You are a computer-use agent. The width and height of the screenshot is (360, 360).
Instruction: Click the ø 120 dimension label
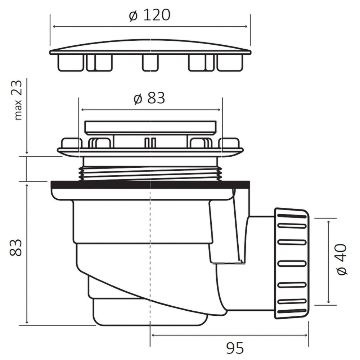pyautogui.click(x=149, y=15)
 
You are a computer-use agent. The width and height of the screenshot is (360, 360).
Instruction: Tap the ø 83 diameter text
pyautogui.click(x=149, y=98)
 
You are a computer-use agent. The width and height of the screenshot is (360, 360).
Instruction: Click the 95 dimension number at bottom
pyautogui.click(x=235, y=348)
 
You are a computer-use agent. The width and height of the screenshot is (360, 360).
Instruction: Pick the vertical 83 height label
pyautogui.click(x=16, y=247)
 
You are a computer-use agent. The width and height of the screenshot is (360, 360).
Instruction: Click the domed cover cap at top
pyautogui.click(x=150, y=46)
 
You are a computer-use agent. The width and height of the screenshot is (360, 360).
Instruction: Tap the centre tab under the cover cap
pyautogui.click(x=150, y=63)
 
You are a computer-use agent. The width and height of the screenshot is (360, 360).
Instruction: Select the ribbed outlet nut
pyautogui.click(x=291, y=263)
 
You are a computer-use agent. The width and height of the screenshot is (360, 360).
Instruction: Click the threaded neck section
pyautogui.click(x=150, y=173)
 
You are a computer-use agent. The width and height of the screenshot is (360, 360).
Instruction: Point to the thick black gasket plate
pyautogui.click(x=150, y=185)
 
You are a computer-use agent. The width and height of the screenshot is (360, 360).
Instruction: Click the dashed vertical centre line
pyautogui.click(x=150, y=252)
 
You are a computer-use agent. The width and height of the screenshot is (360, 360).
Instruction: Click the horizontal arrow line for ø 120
pyautogui.click(x=149, y=27)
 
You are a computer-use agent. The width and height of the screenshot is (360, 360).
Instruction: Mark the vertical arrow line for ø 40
pyautogui.click(x=328, y=262)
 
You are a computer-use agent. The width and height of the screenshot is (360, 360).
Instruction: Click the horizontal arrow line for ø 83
pyautogui.click(x=150, y=109)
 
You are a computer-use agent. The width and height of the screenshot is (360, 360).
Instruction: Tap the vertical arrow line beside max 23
pyautogui.click(x=27, y=119)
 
